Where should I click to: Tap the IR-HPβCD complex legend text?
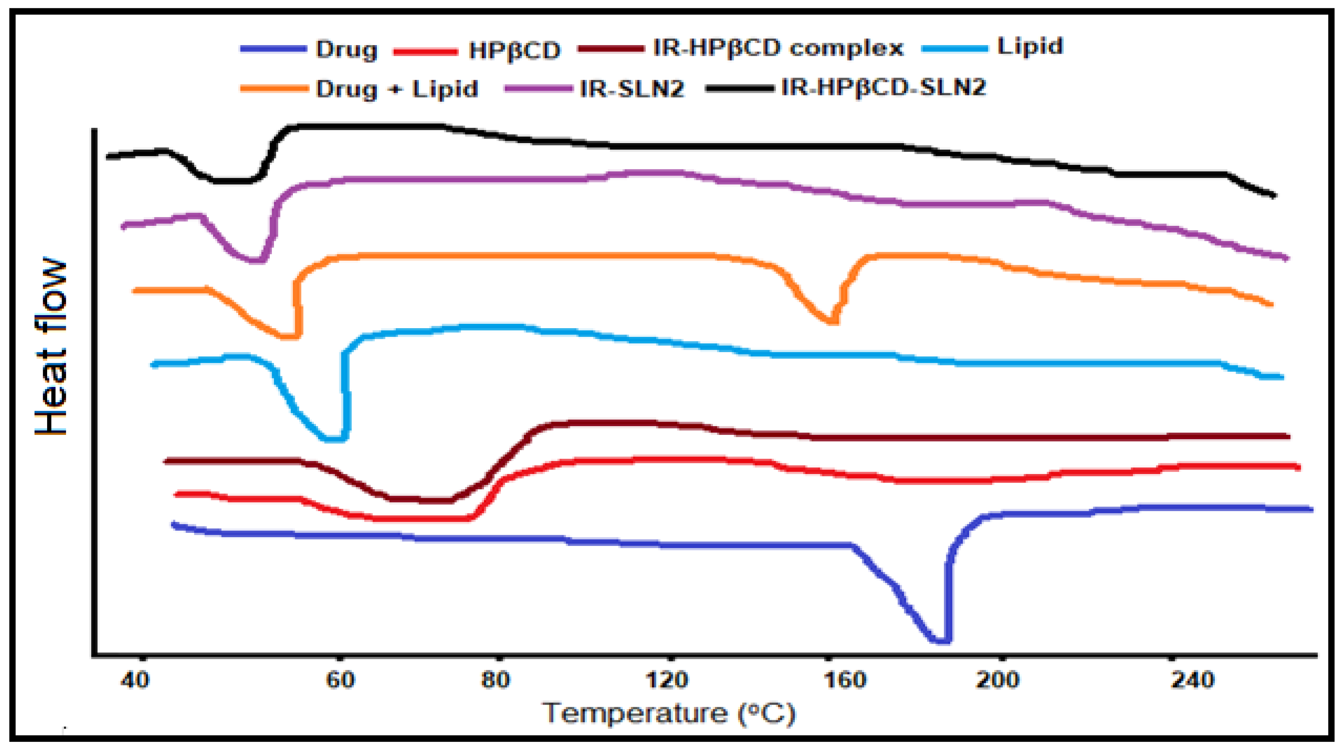coord(778,48)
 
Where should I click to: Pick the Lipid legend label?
coord(1030,46)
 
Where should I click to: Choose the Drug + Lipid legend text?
coord(397,89)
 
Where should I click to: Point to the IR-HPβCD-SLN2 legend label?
coord(884,87)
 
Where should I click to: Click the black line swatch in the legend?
coord(740,89)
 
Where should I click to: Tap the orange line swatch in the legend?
coord(274,89)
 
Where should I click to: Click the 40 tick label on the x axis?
coord(135,680)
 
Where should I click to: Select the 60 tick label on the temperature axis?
coord(340,680)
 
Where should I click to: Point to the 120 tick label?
coord(667,680)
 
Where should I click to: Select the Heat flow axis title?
coord(51,346)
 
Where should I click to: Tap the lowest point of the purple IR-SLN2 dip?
coord(256,260)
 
